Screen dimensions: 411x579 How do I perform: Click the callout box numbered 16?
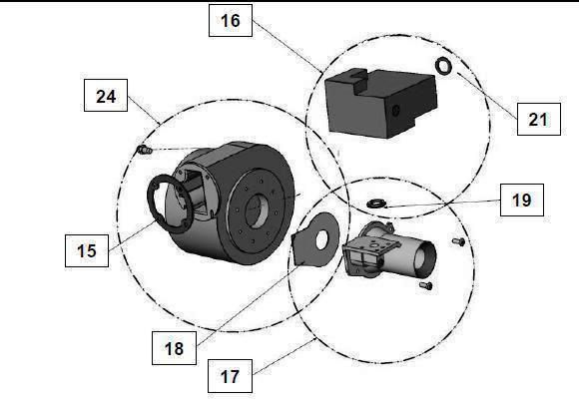(x=231, y=21)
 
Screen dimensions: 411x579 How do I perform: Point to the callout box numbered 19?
(x=521, y=201)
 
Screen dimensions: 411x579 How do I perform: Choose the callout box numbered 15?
(x=87, y=249)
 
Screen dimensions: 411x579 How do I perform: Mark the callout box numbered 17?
(x=231, y=378)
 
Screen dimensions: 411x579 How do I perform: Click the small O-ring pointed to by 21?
(x=443, y=67)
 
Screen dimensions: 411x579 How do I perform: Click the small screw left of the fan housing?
(x=143, y=150)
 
